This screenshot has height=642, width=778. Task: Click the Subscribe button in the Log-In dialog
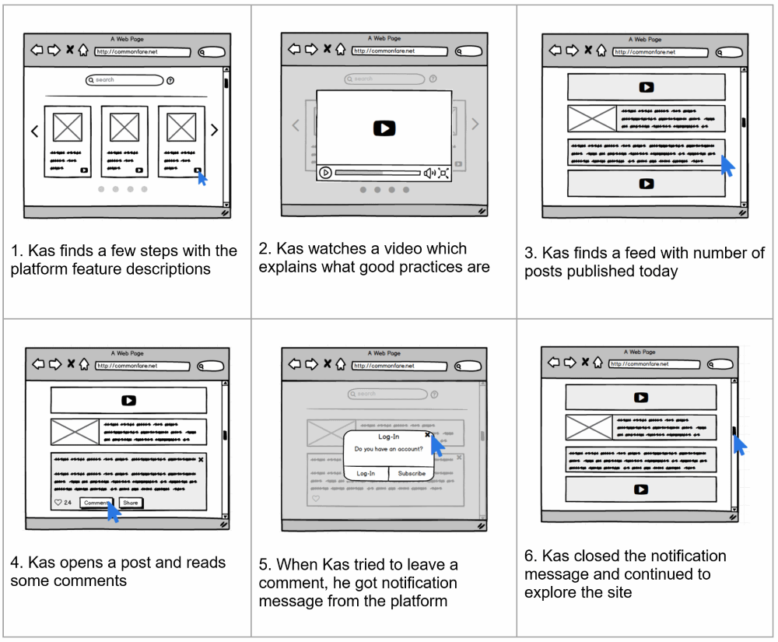pos(412,473)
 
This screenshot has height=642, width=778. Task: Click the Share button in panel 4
pos(131,503)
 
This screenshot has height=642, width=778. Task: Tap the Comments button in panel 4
pos(96,503)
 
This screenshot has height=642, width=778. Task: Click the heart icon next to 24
pos(58,503)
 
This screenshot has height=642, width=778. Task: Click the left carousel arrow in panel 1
pos(34,131)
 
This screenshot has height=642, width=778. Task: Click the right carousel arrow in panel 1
pos(215,131)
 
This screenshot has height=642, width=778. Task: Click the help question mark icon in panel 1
pos(170,80)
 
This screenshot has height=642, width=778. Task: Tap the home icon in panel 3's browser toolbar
pos(601,51)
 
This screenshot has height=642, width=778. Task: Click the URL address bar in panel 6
pos(654,363)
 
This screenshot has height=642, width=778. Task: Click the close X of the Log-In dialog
pos(428,436)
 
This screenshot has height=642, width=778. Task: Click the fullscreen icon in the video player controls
pos(443,173)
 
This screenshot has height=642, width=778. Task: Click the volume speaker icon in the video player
pos(429,173)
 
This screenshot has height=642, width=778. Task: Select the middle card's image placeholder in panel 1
pos(124,127)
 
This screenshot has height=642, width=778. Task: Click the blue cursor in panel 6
pos(739,445)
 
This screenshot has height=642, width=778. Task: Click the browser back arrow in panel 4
pos(36,364)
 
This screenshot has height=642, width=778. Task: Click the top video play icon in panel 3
pos(646,87)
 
